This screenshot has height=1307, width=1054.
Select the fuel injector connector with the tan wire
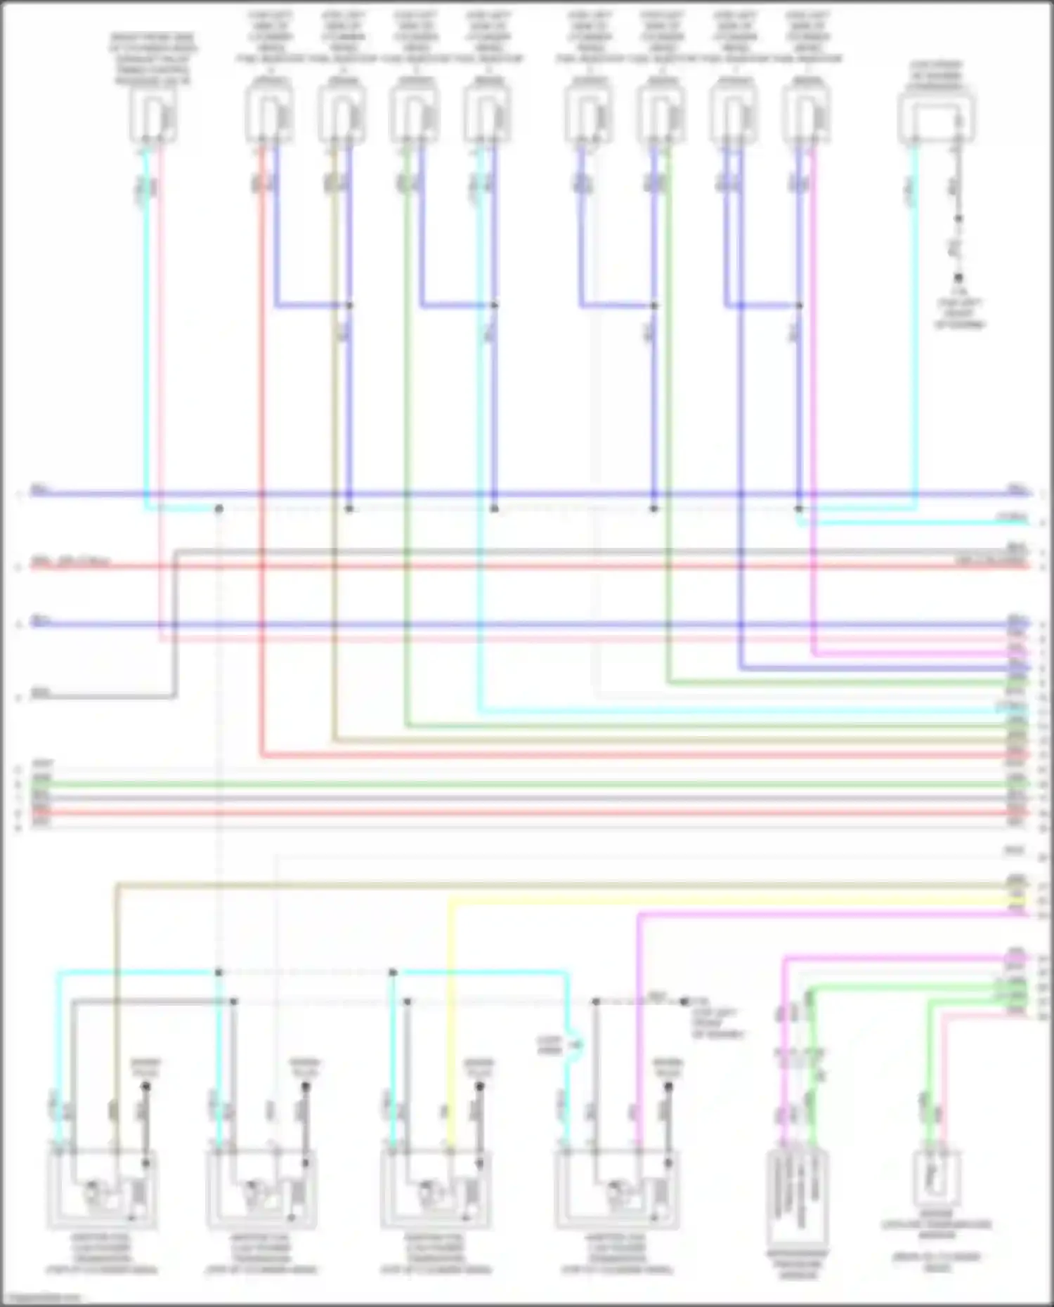tap(341, 113)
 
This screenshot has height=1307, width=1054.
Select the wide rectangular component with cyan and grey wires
tap(936, 117)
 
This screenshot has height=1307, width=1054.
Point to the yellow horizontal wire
tap(703, 900)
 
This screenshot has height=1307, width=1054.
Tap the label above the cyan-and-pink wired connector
tap(152, 60)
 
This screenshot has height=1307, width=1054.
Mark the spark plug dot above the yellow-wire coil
tap(480, 1086)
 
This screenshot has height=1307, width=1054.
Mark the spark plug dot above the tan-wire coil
tap(146, 1086)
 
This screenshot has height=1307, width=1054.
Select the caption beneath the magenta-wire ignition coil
tap(616, 1255)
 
